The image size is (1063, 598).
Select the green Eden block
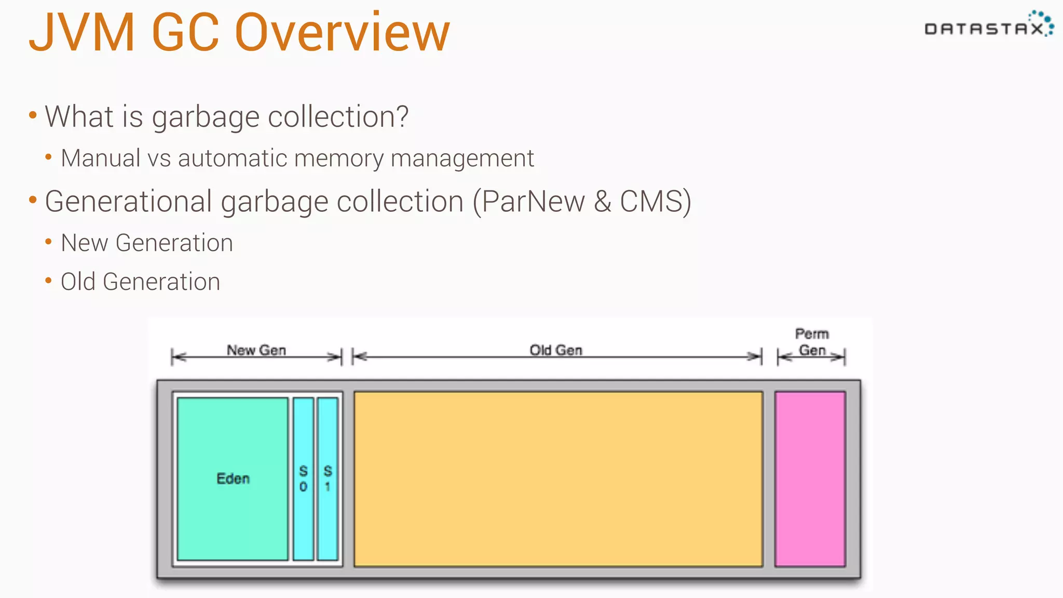point(233,478)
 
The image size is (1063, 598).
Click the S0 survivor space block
point(304,478)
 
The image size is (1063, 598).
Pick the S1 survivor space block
point(328,478)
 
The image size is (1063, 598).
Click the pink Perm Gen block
point(810,478)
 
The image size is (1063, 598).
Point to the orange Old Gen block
point(558,478)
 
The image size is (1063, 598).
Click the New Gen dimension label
point(256,350)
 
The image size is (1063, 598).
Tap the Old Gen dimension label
point(556,350)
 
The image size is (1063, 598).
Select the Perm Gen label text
point(812,342)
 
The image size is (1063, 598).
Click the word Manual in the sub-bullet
point(101,158)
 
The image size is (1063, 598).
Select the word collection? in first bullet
point(338,117)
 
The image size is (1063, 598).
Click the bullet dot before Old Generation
point(48,281)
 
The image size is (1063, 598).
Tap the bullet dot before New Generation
point(48,242)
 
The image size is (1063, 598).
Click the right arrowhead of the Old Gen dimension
point(755,357)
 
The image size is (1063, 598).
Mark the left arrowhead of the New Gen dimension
point(179,357)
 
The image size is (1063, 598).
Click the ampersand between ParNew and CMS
point(603,201)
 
